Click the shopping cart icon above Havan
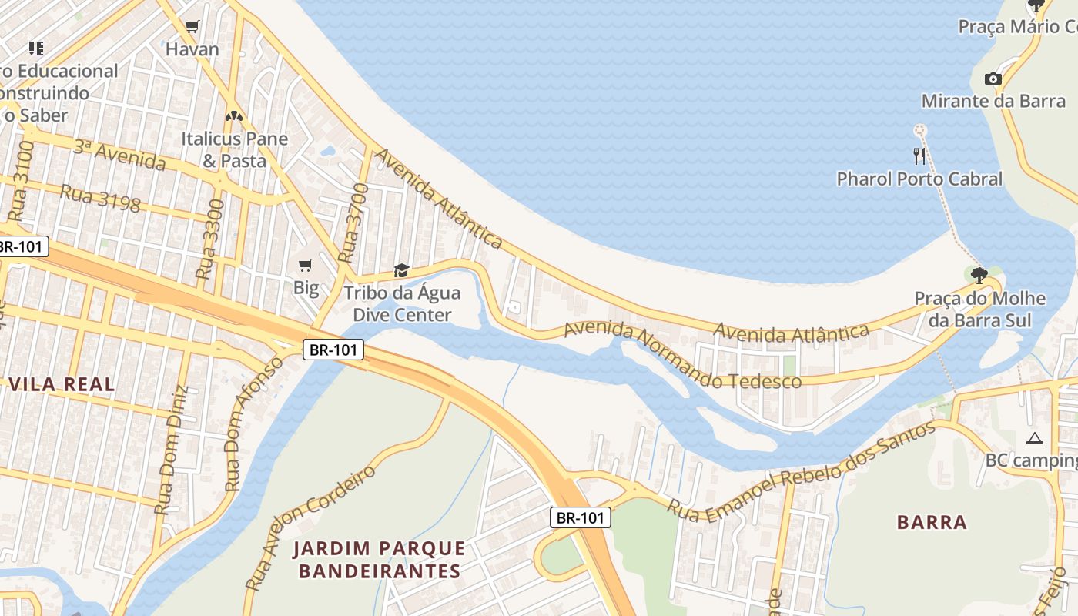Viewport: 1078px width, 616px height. pos(192,27)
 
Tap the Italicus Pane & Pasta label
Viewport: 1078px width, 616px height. pos(234,150)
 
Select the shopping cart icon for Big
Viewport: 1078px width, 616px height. pos(306,266)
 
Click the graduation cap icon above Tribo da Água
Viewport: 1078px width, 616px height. pos(401,270)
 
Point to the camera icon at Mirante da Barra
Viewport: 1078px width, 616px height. pos(993,79)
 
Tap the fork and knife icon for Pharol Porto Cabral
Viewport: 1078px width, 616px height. pos(919,156)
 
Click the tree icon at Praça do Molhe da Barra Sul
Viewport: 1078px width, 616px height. pos(979,275)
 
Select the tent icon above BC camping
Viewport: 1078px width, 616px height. pos(1034,439)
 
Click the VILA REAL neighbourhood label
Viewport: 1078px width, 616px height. pos(62,384)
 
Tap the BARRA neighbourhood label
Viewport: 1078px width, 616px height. pos(932,522)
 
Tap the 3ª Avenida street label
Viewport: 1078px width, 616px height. pos(119,156)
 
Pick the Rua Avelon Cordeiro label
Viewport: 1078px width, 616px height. pos(310,527)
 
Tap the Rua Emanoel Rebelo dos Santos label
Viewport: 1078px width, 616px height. pos(801,470)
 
